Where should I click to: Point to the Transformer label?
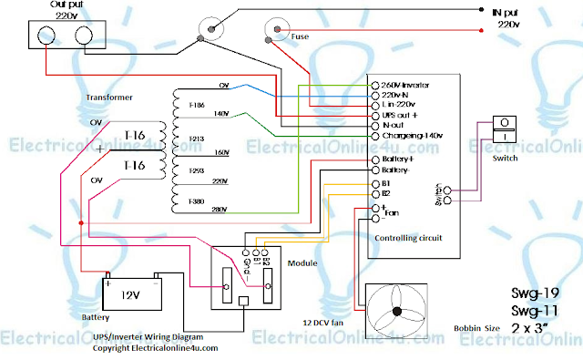pos(111,96)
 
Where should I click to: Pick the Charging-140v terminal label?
pos(411,135)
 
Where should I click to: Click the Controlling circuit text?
pos(408,237)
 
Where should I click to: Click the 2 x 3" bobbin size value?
pos(536,326)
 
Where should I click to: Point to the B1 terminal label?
pos(385,183)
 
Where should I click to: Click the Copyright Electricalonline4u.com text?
pos(155,348)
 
